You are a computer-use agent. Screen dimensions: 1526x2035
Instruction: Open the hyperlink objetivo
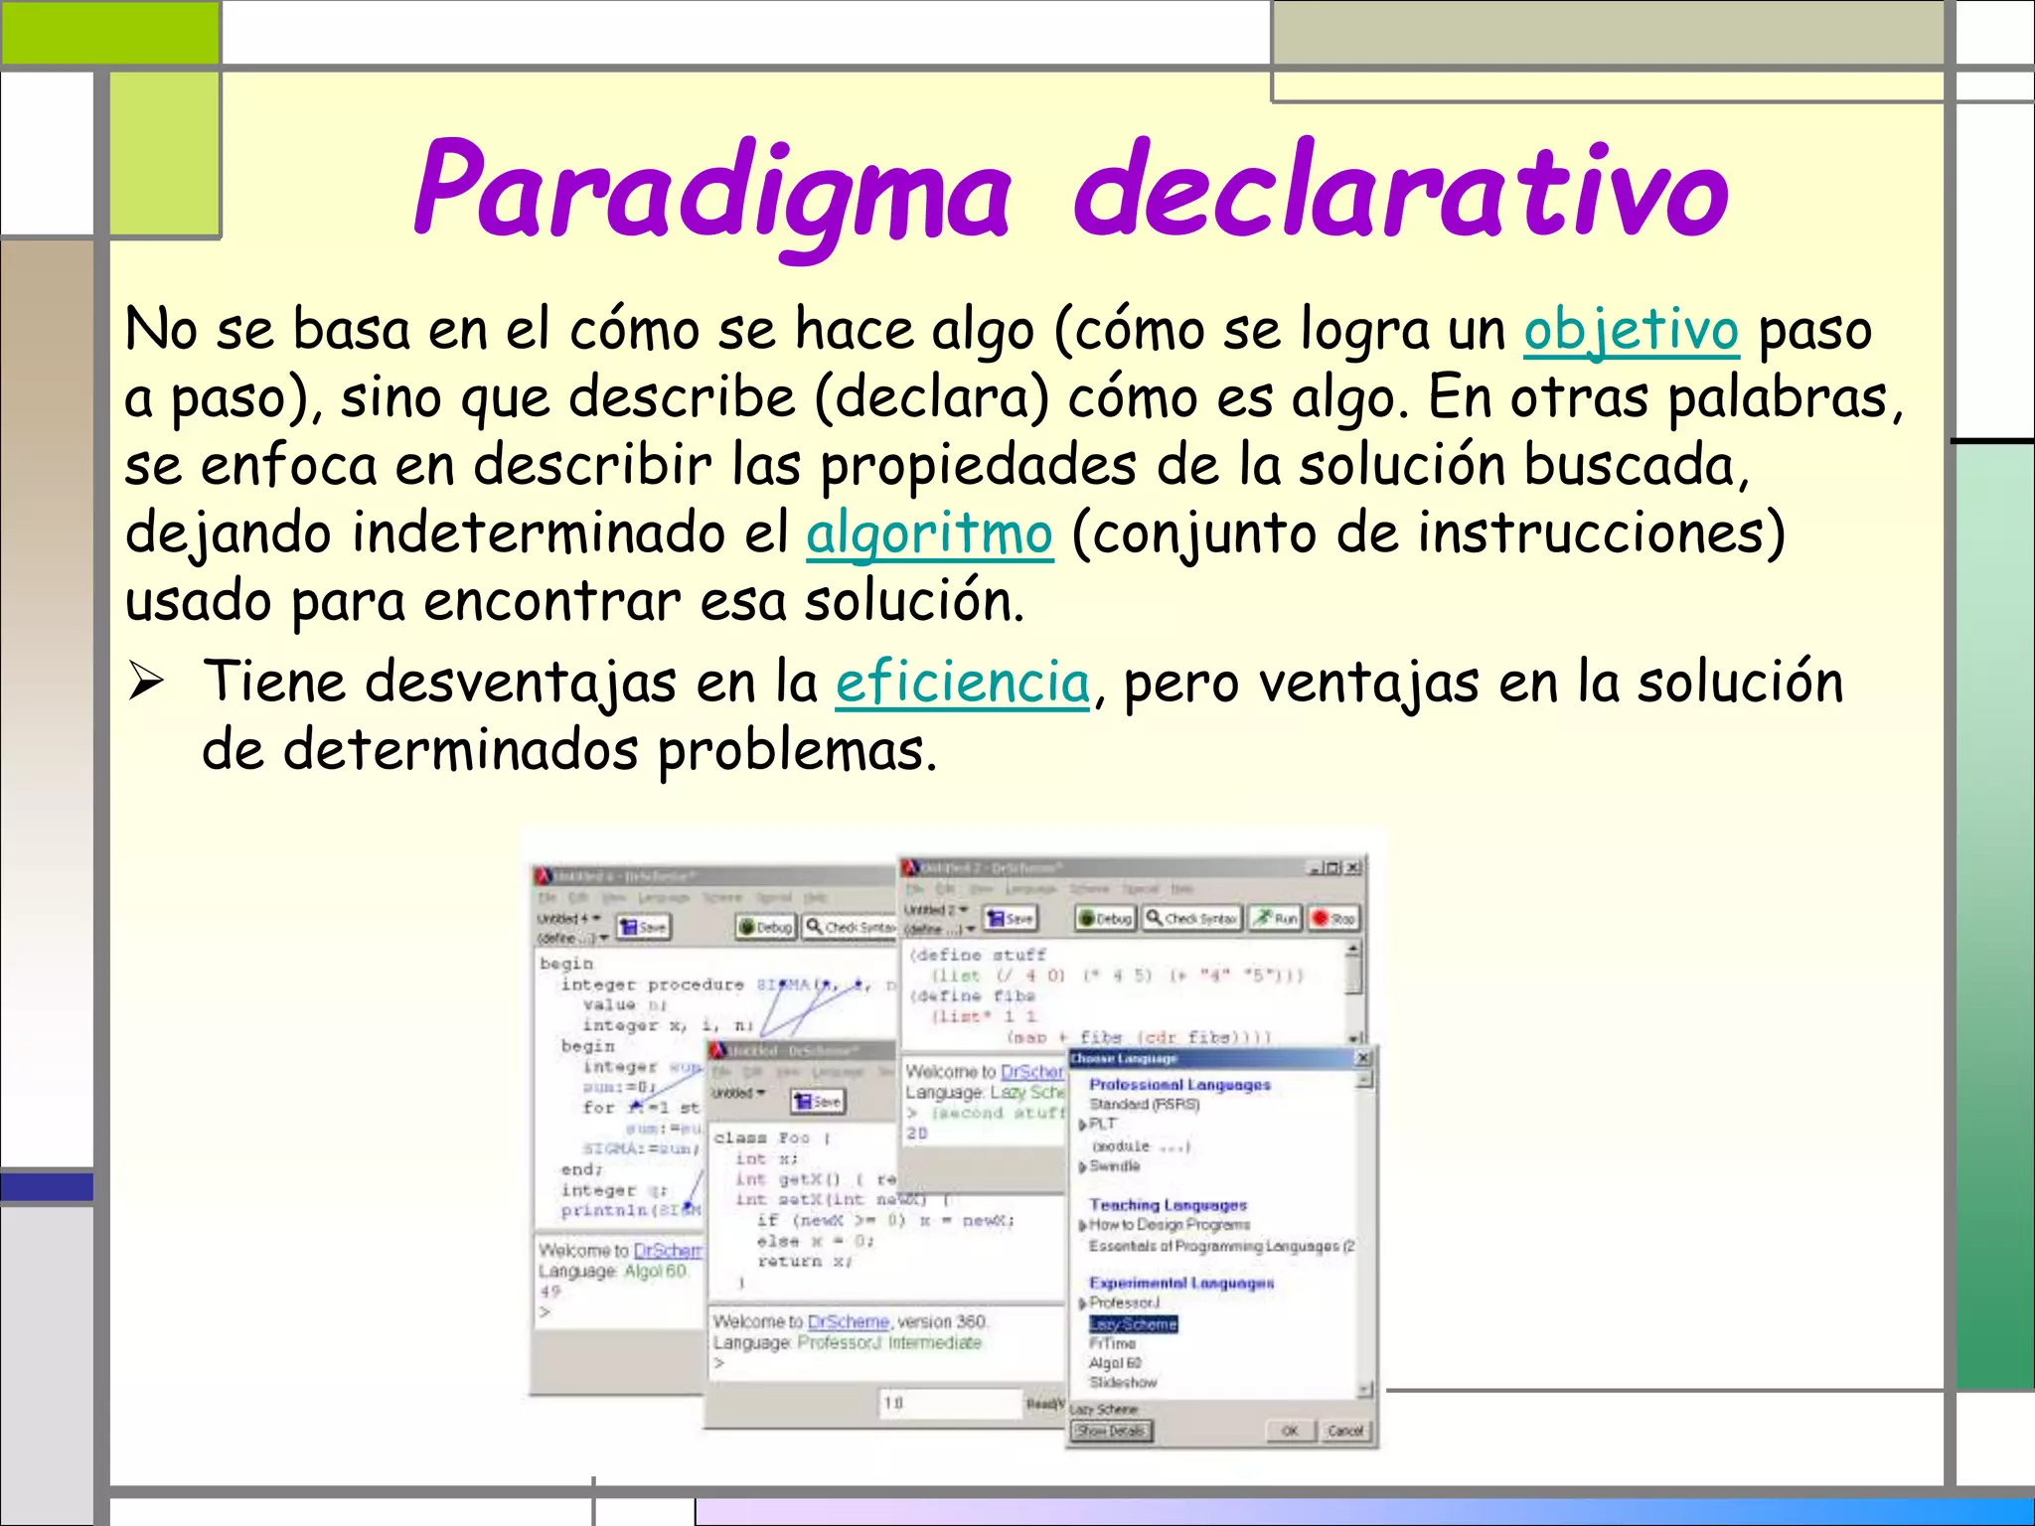(1631, 330)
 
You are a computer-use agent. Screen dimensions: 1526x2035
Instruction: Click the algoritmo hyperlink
(929, 534)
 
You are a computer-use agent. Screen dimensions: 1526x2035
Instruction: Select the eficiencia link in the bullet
(962, 683)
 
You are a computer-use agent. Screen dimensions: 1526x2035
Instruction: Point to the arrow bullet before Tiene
(146, 683)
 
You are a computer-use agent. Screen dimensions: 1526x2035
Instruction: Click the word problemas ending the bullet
(797, 750)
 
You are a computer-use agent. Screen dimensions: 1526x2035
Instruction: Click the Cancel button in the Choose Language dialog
(1344, 1431)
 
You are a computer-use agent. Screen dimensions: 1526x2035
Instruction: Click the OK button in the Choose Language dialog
(1289, 1431)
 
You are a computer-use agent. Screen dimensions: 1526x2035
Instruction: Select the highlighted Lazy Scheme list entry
(1133, 1324)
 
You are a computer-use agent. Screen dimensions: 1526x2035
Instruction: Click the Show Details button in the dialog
(1111, 1431)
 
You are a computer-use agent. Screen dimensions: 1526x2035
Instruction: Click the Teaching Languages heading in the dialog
(1168, 1205)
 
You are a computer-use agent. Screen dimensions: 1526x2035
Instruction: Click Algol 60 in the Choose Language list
(1115, 1363)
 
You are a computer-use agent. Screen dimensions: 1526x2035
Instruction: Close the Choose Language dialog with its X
(1363, 1059)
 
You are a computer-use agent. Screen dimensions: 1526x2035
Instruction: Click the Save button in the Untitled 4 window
(643, 927)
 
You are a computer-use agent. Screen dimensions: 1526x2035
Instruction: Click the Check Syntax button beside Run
(1190, 919)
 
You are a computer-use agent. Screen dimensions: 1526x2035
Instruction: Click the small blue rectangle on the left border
(47, 1186)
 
